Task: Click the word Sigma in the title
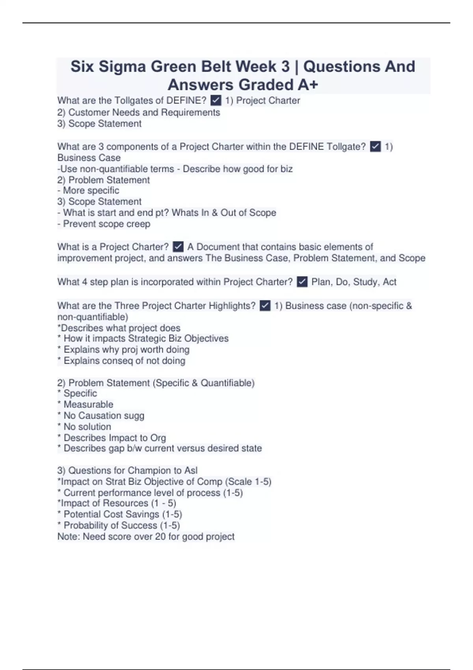tap(121, 67)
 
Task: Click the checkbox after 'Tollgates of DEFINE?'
tap(216, 101)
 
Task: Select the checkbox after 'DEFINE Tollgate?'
tap(375, 147)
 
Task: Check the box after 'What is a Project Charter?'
tap(178, 247)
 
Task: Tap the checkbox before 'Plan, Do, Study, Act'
tap(302, 282)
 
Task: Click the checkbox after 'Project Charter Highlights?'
tap(265, 306)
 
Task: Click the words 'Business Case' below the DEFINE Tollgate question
tap(89, 158)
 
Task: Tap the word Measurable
tap(88, 405)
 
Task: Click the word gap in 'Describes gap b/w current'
tap(116, 449)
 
